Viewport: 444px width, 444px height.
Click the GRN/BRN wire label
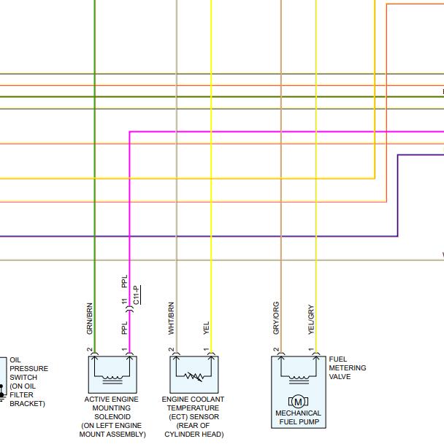pos(89,319)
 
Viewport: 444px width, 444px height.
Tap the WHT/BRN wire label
pos(171,319)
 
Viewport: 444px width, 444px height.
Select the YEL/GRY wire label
pos(311,319)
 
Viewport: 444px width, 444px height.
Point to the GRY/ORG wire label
pos(276,318)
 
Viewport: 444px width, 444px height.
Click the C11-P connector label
pos(136,295)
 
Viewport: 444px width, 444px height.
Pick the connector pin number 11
pos(125,301)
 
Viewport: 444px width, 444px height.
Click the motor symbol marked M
pos(298,402)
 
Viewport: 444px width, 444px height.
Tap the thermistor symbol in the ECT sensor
pos(194,376)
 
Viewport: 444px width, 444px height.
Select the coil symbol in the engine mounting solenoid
pos(112,379)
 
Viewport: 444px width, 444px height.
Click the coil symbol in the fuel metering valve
pos(299,379)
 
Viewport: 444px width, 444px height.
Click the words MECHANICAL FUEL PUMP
pos(299,417)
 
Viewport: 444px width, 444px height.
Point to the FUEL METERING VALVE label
pos(348,368)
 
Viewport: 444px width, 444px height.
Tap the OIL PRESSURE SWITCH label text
pos(29,381)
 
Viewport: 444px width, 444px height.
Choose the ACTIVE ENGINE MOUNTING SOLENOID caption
pos(112,416)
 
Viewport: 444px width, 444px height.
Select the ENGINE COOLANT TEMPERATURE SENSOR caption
pos(194,416)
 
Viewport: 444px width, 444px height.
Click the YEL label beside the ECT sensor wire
pos(206,328)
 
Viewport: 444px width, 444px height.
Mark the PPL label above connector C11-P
pos(125,281)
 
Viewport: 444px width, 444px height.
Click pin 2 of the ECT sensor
pos(171,349)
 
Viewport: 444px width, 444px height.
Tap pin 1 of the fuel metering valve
pos(311,349)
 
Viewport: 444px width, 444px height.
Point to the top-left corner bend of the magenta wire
pos(130,132)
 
